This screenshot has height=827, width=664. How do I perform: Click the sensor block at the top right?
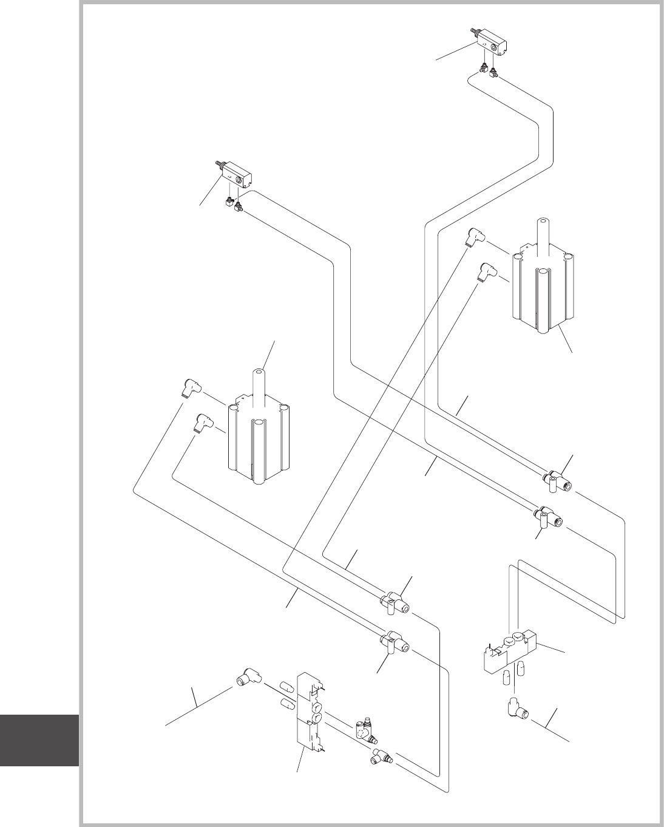(492, 44)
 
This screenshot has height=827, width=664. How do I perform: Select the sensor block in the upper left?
(237, 177)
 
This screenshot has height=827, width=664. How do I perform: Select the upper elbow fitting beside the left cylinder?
(193, 387)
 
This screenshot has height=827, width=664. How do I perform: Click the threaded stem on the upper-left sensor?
(219, 164)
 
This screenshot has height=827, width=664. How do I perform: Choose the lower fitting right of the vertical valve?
(382, 757)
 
